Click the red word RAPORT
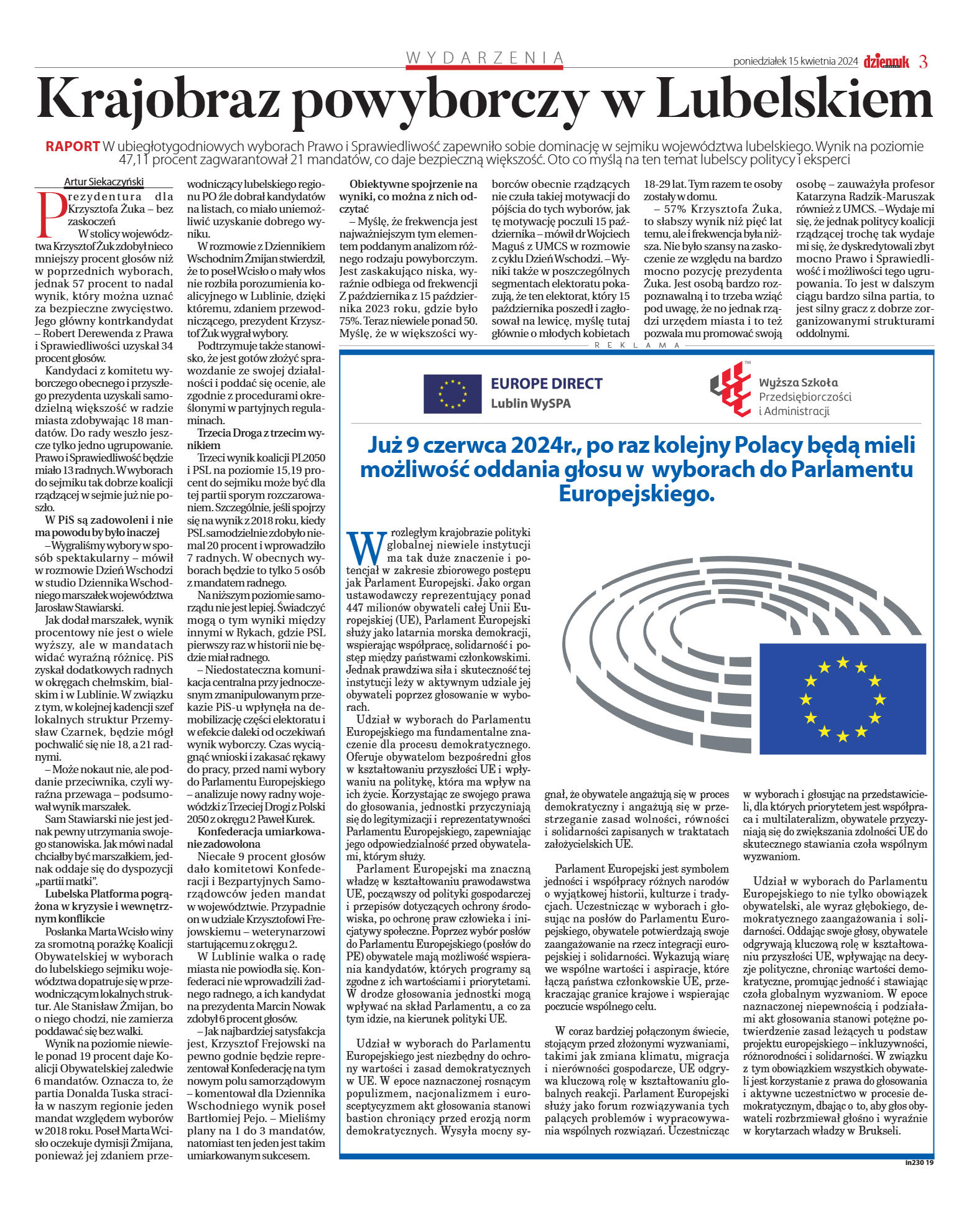point(72,147)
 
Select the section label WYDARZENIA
point(484,58)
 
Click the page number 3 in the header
point(923,62)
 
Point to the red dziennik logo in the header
point(886,62)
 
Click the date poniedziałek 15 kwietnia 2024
point(795,62)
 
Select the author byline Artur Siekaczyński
point(104,182)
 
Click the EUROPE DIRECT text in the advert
point(547,384)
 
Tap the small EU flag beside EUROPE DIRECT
point(452,394)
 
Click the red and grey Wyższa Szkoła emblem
point(731,389)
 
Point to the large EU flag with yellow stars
point(842,698)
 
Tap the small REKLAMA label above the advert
point(637,345)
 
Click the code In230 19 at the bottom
point(919,1162)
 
